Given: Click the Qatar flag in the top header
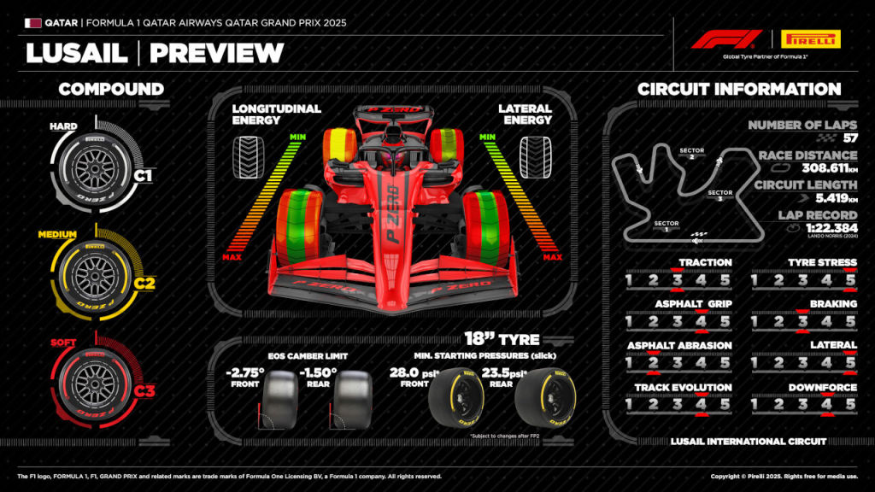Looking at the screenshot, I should click(x=33, y=23).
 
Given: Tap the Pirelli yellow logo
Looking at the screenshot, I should click(x=810, y=39).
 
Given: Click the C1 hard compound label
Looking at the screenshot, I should click(x=143, y=177).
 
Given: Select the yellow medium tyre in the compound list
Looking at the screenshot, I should click(x=90, y=272).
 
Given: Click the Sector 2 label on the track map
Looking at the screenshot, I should click(x=690, y=152).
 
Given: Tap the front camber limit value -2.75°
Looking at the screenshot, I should click(x=246, y=372).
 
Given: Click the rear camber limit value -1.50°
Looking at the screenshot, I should click(x=318, y=372).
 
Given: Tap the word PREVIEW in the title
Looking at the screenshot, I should click(x=216, y=53).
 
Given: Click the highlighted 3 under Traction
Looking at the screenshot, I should click(x=677, y=280).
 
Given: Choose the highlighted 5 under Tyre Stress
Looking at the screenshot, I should click(x=850, y=280).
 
